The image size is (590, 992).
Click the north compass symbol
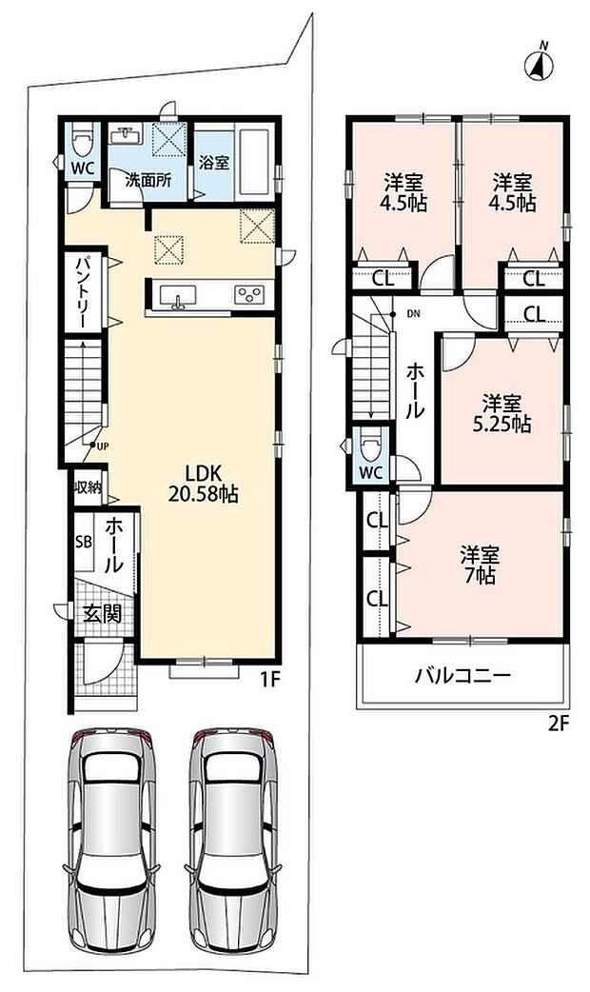[540, 64]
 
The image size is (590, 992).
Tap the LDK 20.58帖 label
[203, 484]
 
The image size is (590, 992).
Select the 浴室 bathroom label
[214, 162]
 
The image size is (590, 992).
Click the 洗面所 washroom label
[147, 180]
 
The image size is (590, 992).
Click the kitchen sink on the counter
[178, 295]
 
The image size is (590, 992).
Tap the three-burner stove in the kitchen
[248, 295]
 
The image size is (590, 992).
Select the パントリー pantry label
[82, 291]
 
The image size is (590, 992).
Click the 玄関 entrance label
[102, 613]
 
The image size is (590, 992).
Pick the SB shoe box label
[83, 543]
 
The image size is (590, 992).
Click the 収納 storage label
[88, 486]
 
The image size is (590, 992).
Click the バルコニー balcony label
[462, 676]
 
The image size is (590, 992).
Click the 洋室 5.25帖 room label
[501, 413]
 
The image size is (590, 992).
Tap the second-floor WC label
[370, 472]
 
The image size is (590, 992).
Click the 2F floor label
[560, 724]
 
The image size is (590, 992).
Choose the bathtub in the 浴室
[255, 161]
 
